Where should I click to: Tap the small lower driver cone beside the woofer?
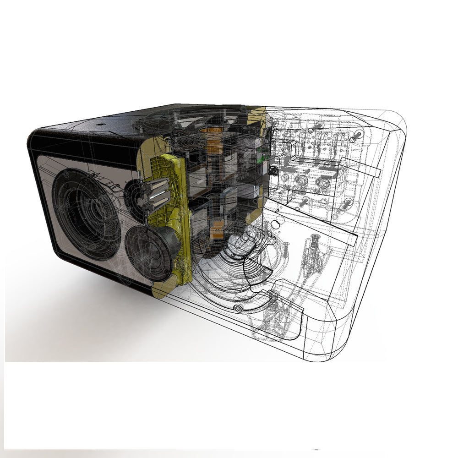point(149,252)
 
